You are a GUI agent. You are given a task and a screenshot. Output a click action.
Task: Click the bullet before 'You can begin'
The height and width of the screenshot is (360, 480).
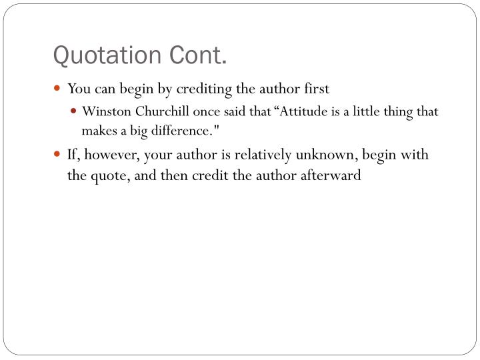[58, 88]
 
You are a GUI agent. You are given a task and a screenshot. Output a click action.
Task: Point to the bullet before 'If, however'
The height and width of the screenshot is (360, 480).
[58, 155]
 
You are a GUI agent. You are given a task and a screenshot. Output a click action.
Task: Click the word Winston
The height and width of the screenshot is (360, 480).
[102, 111]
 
